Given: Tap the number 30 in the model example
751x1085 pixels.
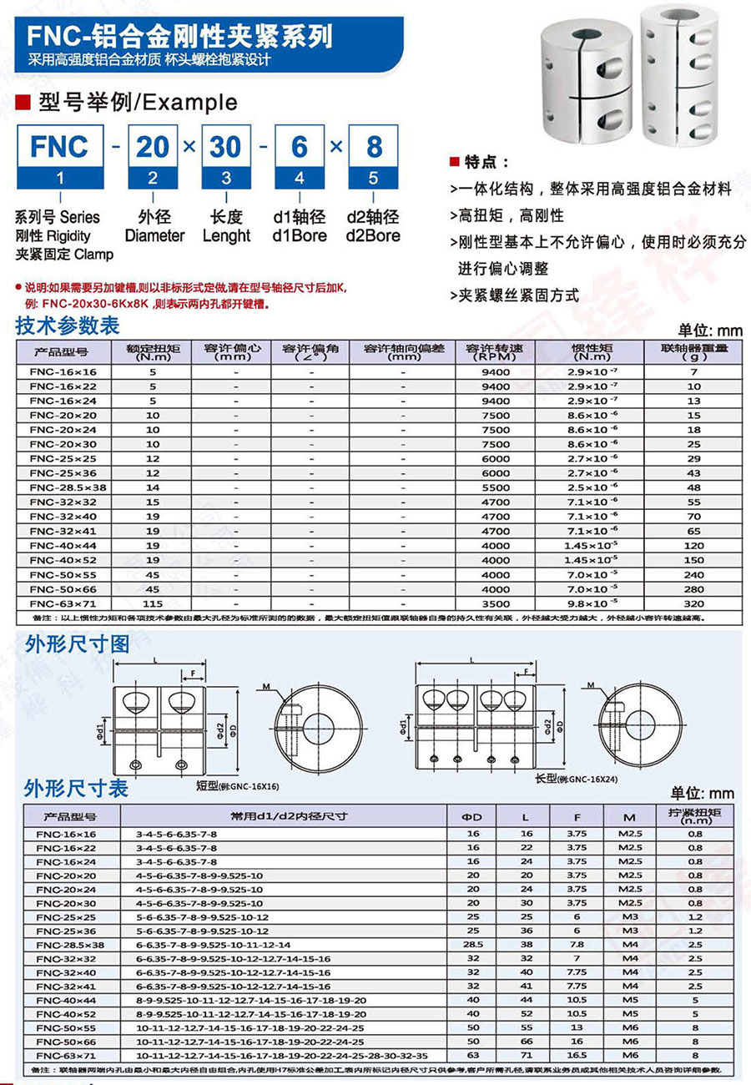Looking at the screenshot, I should click(x=224, y=147).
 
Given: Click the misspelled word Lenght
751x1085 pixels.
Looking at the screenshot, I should click(x=226, y=235).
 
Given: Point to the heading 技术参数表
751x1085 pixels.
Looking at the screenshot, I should click(x=68, y=325).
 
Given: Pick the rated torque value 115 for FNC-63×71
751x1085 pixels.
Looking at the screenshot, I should click(x=153, y=603).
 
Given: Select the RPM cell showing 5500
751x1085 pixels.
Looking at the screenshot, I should click(x=495, y=487).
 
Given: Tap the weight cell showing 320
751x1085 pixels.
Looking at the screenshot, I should click(x=693, y=603).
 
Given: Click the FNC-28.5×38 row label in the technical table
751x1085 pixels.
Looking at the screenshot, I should click(x=62, y=487).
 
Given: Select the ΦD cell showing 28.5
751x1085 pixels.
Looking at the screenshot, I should click(x=472, y=945).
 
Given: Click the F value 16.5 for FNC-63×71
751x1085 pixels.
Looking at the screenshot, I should click(x=577, y=1055).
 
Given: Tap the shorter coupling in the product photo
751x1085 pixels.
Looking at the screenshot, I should click(x=584, y=79).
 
